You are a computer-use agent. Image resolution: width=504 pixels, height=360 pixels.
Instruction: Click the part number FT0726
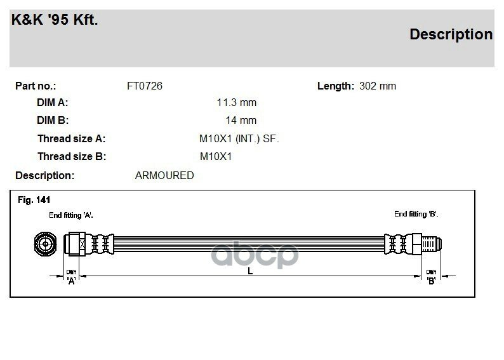(145, 86)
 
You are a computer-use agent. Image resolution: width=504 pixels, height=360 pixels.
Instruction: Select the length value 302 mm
(378, 86)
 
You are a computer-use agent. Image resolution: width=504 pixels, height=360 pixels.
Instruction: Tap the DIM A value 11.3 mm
(237, 102)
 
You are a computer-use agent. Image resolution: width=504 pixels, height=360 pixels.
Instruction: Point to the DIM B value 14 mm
(241, 120)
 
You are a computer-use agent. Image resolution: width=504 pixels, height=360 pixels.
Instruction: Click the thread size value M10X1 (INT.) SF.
(239, 138)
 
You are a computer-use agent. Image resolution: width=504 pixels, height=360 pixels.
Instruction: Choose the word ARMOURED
(164, 175)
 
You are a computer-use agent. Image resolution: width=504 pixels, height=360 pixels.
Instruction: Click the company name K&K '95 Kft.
(55, 20)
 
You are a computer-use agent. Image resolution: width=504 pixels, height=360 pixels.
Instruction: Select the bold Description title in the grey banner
(451, 34)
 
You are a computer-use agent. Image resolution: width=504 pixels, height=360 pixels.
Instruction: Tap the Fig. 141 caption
(34, 200)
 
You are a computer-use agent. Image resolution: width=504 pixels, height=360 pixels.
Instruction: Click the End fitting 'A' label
(71, 215)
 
